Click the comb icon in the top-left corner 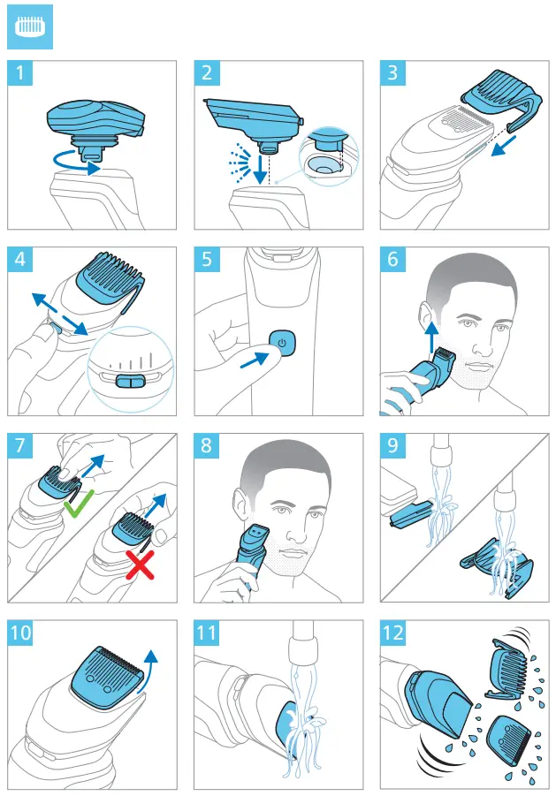(x=29, y=28)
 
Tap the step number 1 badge (x=19, y=73)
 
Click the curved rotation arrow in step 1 (x=71, y=162)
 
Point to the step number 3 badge (x=392, y=73)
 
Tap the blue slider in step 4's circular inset (x=129, y=381)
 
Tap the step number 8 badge (x=206, y=445)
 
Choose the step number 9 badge (x=392, y=445)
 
